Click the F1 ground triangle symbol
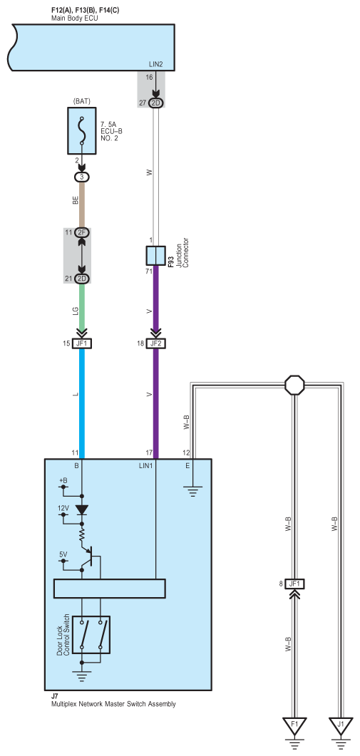tap(294, 727)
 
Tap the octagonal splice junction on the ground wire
tap(294, 385)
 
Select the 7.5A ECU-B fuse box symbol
tap(82, 130)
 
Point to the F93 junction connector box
tap(156, 256)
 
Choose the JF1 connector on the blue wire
tap(82, 343)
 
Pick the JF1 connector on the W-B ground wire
tap(294, 584)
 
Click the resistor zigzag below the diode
tap(82, 533)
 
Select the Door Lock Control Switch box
tap(91, 635)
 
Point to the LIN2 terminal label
tap(158, 64)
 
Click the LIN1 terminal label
tap(145, 466)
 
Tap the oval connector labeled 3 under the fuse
tap(82, 177)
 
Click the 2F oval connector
tap(82, 232)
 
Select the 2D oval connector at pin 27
tap(156, 103)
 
